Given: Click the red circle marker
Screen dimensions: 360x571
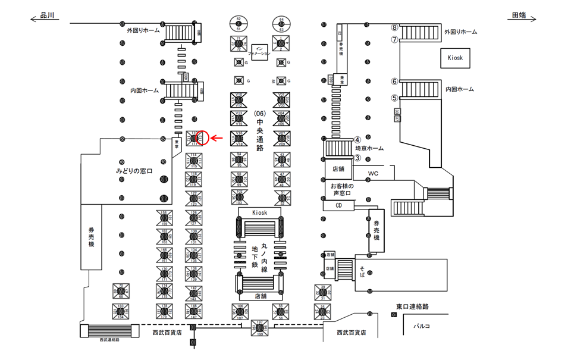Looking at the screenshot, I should tap(203, 138).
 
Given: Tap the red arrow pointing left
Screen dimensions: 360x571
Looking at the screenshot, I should tap(218, 139).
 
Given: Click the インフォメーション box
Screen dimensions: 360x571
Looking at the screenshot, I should tap(259, 51).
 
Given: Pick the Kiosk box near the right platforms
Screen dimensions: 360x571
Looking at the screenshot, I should tap(456, 58).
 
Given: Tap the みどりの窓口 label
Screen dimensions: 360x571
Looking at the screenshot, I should tap(134, 171).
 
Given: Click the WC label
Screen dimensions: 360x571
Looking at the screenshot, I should tap(373, 174).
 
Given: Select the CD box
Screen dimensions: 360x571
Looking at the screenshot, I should tap(338, 205).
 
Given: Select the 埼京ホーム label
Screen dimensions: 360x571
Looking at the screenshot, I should tap(369, 149).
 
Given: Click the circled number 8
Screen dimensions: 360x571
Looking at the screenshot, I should tap(394, 27).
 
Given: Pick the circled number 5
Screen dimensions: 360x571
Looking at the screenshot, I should tap(394, 98).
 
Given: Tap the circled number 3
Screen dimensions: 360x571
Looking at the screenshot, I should tap(358, 158).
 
